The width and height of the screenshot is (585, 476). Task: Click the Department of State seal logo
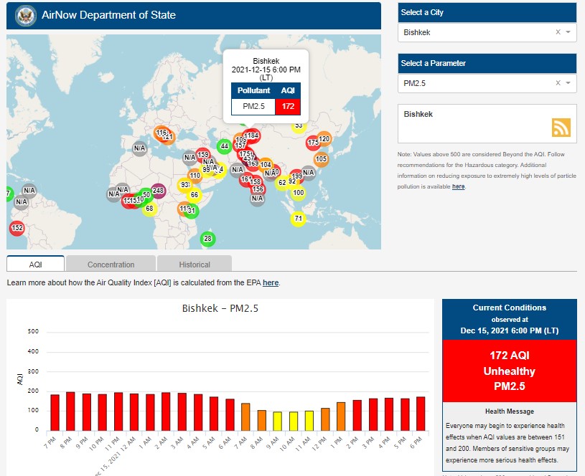coord(26,15)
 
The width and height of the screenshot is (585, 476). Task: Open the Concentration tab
coord(111,265)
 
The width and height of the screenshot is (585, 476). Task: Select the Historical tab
coord(195,265)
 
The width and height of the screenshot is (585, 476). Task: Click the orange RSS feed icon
coord(561,127)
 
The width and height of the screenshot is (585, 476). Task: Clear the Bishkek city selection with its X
coord(558,32)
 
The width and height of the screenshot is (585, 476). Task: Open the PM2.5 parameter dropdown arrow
coord(568,83)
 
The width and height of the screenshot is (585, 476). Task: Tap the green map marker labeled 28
coord(207,239)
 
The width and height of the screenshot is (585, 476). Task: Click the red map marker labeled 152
coord(17,229)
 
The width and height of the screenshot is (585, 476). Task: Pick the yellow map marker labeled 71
coord(299,219)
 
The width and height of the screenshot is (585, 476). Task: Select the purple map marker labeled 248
coord(159,191)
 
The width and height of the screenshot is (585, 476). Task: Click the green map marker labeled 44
coord(224,146)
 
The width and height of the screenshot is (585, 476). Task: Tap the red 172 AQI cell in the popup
coord(288,107)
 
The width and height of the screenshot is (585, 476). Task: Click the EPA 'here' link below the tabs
coord(270,283)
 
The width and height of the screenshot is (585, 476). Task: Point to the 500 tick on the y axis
coord(33,331)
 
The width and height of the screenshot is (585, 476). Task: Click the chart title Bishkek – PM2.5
coord(220,309)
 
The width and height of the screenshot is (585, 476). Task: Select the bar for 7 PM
coord(55,412)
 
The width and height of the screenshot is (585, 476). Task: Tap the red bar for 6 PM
coord(420,413)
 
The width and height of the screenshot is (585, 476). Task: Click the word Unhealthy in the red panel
coord(509,371)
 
